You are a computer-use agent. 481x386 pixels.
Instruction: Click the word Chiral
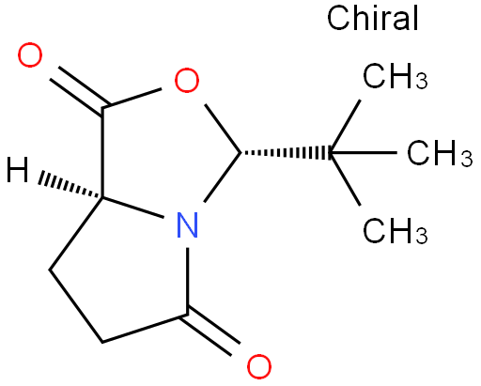(x=373, y=18)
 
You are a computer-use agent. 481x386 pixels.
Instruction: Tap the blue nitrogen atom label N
(x=187, y=224)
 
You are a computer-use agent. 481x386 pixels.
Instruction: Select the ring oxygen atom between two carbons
(x=187, y=80)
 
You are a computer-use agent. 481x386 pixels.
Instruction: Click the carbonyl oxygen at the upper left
(x=30, y=55)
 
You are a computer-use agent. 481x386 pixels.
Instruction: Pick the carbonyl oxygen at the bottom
(x=259, y=366)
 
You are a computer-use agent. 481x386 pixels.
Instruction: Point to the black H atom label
(x=18, y=170)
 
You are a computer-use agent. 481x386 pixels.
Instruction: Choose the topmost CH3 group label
(x=396, y=76)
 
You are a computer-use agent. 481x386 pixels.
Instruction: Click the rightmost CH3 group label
(x=440, y=153)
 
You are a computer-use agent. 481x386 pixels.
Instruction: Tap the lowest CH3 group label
(x=396, y=231)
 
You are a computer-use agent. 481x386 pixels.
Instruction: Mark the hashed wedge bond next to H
(x=70, y=185)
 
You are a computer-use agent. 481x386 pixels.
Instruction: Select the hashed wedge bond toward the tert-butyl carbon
(x=286, y=153)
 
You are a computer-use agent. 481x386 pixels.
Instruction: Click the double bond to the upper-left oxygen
(x=80, y=90)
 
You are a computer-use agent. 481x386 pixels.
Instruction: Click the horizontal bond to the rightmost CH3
(x=364, y=153)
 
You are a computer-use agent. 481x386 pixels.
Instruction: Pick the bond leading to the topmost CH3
(x=346, y=127)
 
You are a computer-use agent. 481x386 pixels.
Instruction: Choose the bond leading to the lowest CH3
(x=346, y=179)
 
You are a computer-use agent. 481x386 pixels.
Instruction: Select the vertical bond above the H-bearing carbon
(x=102, y=153)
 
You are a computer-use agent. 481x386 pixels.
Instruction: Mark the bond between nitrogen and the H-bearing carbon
(x=133, y=208)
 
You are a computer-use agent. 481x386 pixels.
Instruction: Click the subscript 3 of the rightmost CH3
(x=467, y=159)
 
